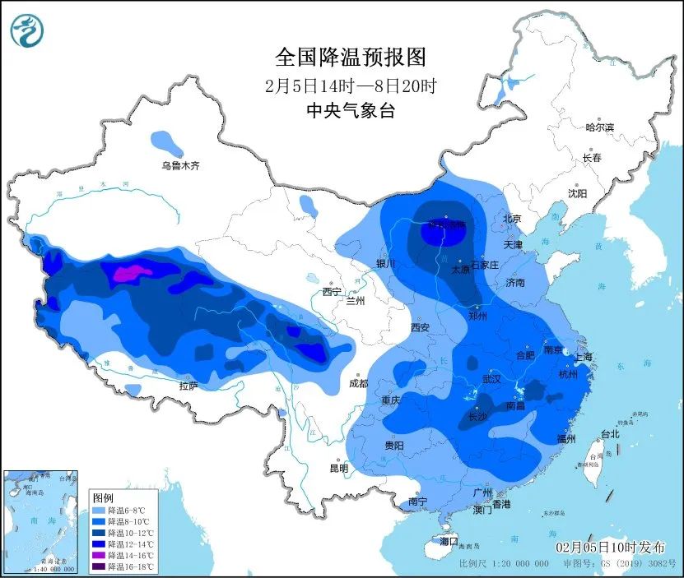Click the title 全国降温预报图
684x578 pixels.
351,58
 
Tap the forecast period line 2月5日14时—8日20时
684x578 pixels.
351,85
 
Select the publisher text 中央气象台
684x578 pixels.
351,111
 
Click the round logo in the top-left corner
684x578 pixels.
26,30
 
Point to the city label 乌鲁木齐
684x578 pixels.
180,166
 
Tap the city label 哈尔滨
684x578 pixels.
599,127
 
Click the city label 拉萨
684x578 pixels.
188,386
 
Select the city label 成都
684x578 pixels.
359,382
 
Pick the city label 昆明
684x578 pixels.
339,468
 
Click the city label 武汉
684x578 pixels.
491,379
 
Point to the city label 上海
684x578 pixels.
583,357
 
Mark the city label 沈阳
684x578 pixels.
577,193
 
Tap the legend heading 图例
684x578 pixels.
103,498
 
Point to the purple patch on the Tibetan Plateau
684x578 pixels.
133,272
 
